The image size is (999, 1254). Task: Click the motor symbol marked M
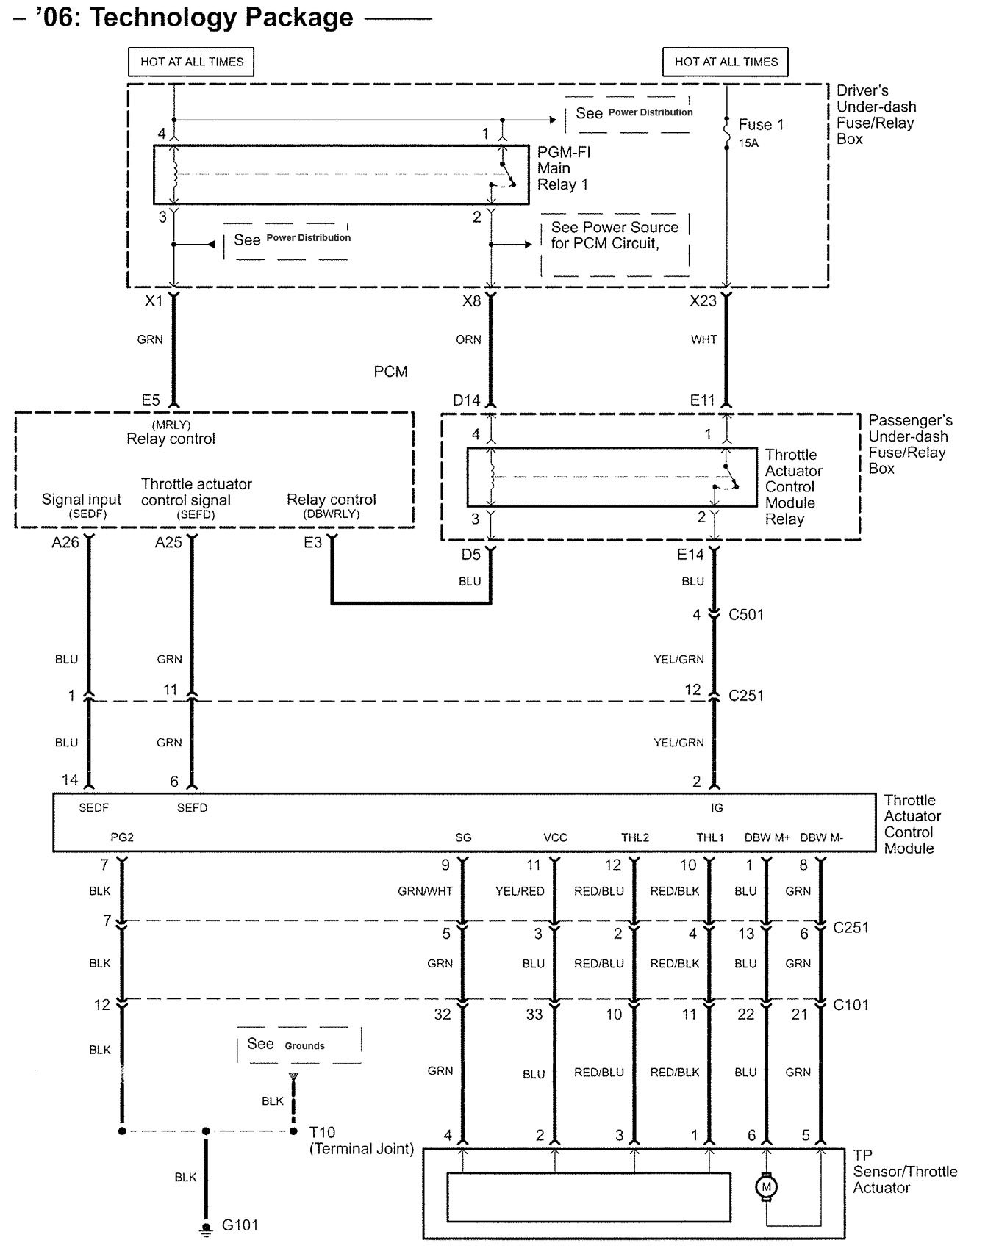coord(766,1186)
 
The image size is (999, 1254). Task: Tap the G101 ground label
coord(240,1225)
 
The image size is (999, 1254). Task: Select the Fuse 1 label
coord(761,125)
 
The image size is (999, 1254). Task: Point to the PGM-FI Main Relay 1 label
coord(564,168)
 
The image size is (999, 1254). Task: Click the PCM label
coord(390,372)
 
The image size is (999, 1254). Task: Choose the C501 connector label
coord(746,615)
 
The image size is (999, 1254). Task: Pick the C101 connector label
coord(851,1004)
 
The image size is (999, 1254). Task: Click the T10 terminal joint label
coord(322,1132)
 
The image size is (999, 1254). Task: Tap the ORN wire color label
coord(468,339)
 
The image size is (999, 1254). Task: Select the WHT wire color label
coord(703,339)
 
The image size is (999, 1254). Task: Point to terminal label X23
coord(703,300)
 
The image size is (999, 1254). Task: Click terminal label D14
coord(466,400)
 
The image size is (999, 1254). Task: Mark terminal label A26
coord(65,543)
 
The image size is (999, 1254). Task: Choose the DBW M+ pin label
coord(767,837)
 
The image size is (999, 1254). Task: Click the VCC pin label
coord(555,837)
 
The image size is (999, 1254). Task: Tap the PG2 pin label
coord(122,837)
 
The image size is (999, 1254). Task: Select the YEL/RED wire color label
coord(520,891)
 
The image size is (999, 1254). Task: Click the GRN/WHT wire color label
coord(425,891)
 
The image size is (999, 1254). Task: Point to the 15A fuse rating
coord(748,143)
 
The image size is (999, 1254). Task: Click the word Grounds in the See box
coord(304,1046)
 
